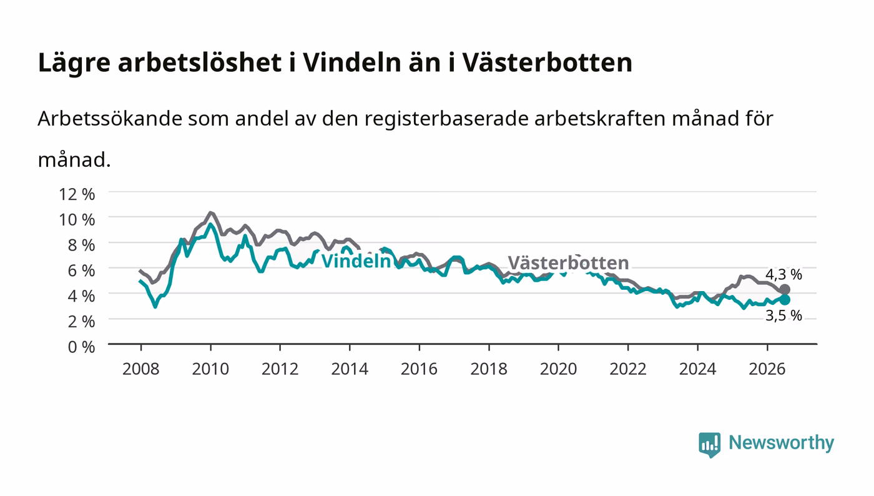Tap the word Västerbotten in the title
[x=547, y=62]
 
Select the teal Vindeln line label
[x=356, y=261]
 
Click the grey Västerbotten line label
[x=568, y=262]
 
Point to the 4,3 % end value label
[x=783, y=275]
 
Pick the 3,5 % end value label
[x=783, y=315]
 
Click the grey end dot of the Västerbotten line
[x=785, y=289]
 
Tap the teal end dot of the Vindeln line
[x=785, y=300]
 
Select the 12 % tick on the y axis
[x=77, y=194]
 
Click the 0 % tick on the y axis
[x=81, y=347]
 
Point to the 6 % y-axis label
[x=81, y=270]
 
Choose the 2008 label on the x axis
[x=141, y=369]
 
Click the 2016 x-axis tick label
[x=419, y=369]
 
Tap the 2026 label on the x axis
[x=767, y=369]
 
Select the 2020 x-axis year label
[x=558, y=369]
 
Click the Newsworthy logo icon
[x=709, y=444]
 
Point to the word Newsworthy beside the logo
[x=781, y=442]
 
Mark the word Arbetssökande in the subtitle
[x=110, y=118]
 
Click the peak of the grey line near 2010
[x=210, y=213]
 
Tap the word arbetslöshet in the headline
[x=200, y=62]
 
